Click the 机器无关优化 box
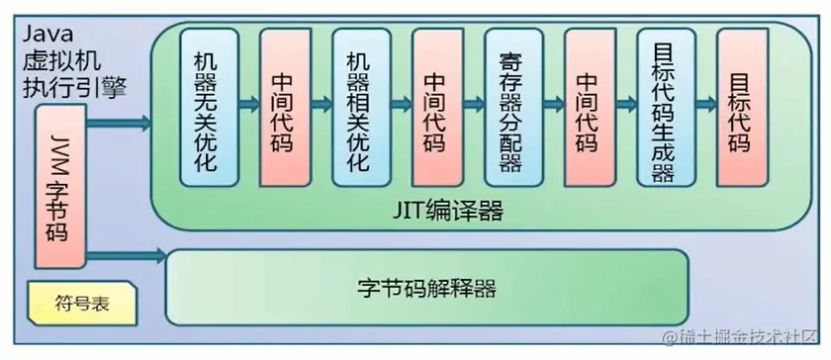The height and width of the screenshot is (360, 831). [206, 107]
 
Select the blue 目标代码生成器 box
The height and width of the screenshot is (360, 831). [662, 107]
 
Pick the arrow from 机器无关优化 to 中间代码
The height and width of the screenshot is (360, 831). [245, 106]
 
